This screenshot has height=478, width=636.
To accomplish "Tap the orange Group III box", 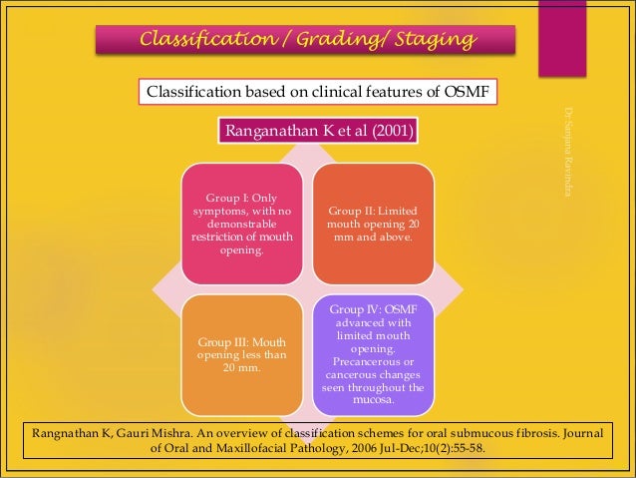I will tap(241, 354).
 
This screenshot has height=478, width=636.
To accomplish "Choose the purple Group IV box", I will tap(374, 354).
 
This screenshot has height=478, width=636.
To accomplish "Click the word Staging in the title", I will tap(431, 40).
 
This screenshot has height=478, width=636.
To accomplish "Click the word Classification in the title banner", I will tap(205, 40).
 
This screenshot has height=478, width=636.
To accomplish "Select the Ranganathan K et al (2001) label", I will tap(318, 131).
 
